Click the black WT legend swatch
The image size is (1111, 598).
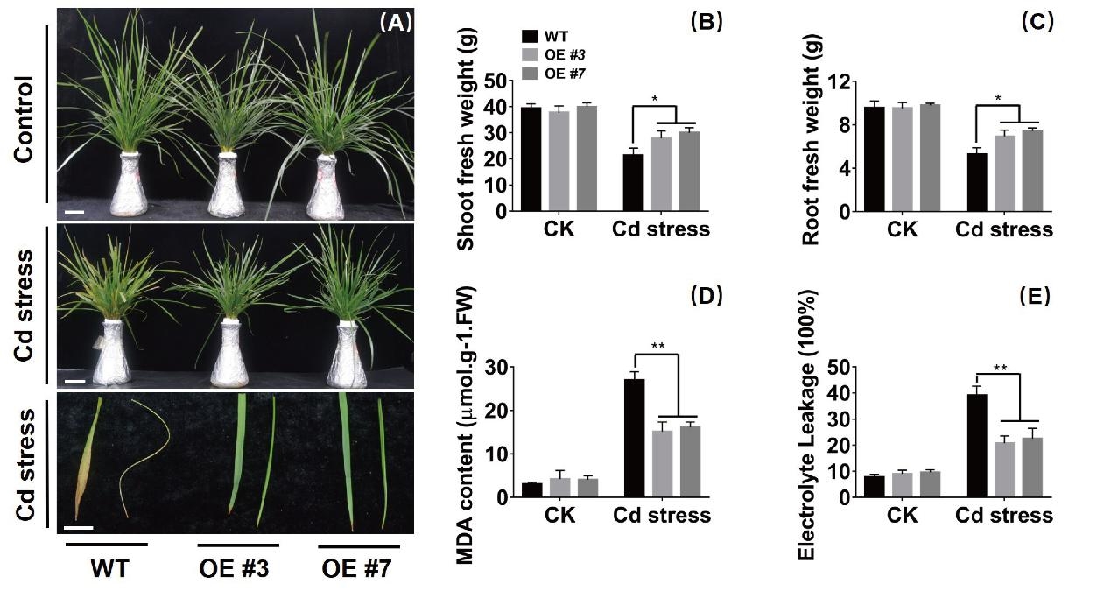pyautogui.click(x=530, y=37)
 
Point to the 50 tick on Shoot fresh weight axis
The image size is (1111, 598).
pyautogui.click(x=500, y=81)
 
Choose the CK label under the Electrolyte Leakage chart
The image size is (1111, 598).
pyautogui.click(x=903, y=516)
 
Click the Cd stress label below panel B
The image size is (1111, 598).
pyautogui.click(x=660, y=230)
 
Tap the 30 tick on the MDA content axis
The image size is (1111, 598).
pyautogui.click(x=500, y=367)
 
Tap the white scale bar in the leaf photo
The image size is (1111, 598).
pyautogui.click(x=80, y=528)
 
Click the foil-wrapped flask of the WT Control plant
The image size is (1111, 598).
pyautogui.click(x=130, y=186)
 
